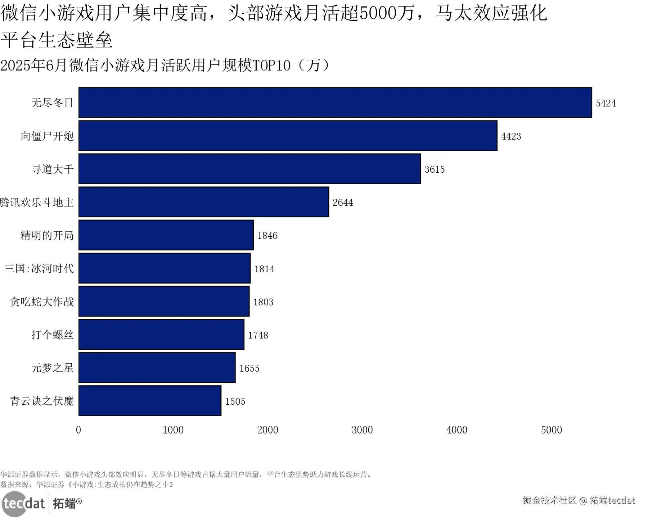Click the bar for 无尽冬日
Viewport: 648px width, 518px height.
(x=335, y=103)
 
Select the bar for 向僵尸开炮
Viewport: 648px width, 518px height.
(x=288, y=136)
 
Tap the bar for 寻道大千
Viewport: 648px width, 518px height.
(x=249, y=169)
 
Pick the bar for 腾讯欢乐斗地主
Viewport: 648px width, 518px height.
(x=203, y=202)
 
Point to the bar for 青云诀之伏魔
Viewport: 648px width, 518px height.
(x=150, y=401)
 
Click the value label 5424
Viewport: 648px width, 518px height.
(x=606, y=103)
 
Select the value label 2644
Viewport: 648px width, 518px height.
(x=342, y=203)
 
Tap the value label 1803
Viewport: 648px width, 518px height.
(x=263, y=302)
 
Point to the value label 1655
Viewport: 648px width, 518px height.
(x=249, y=368)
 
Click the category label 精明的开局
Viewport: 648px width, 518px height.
(x=47, y=236)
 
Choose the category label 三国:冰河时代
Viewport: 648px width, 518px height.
(x=39, y=269)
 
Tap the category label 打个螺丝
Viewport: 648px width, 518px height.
(x=53, y=335)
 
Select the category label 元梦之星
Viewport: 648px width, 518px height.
(x=53, y=368)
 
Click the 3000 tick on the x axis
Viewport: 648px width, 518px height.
(x=362, y=430)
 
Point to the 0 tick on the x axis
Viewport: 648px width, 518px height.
(x=78, y=430)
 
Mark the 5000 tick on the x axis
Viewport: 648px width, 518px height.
(x=551, y=430)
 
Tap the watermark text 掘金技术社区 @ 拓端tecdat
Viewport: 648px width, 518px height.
(x=579, y=500)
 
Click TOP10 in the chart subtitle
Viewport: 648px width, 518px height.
(x=271, y=65)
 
